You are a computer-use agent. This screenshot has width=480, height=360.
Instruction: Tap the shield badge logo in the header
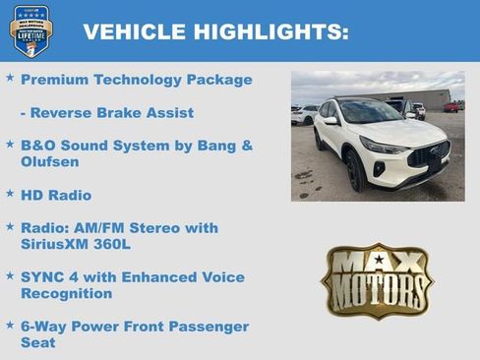coord(30,30)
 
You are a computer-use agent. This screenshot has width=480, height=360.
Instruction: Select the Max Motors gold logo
coord(378,281)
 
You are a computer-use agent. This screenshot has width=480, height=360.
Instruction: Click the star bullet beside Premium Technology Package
coord(10,78)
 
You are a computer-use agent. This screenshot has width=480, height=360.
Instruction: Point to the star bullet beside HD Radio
coord(10,194)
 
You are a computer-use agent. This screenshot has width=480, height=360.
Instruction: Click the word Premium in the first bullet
coord(54,80)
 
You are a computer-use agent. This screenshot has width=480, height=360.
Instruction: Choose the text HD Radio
coord(55,195)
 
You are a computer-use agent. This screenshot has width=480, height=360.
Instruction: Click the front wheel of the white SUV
coord(355,171)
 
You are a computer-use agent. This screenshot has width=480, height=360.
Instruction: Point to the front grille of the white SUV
coord(430,154)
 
